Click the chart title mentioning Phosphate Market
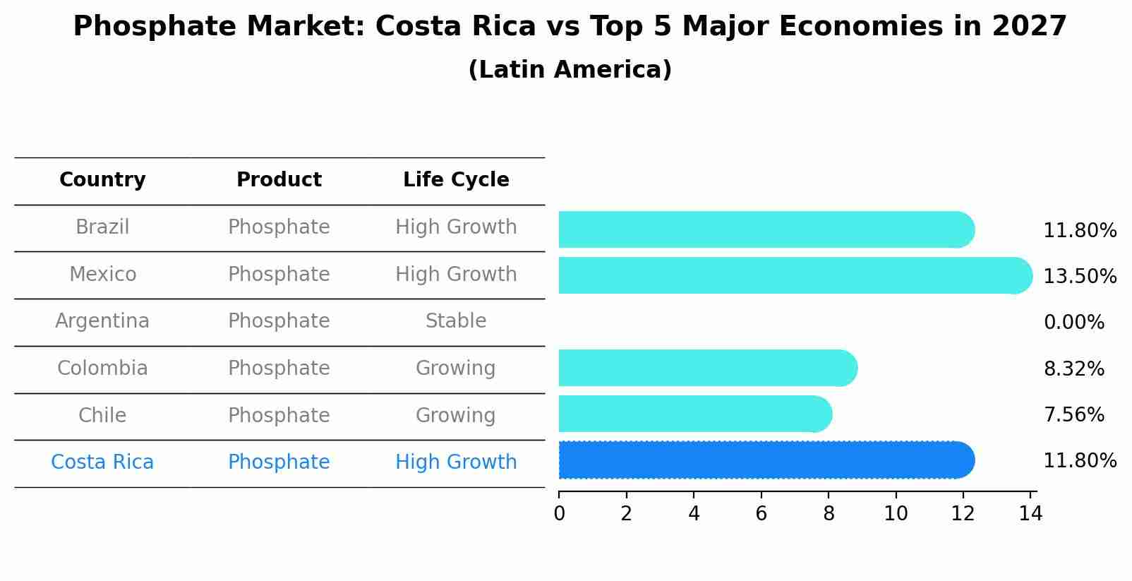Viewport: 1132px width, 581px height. point(570,27)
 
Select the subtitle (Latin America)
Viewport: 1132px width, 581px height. point(570,70)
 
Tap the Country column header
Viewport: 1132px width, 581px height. point(102,180)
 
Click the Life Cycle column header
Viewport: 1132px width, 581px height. point(456,180)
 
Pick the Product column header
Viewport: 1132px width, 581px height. point(279,180)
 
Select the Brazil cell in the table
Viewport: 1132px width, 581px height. point(102,227)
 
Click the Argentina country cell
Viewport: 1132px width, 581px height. point(102,321)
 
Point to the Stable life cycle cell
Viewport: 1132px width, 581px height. point(456,321)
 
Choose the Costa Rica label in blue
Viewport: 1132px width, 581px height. point(102,462)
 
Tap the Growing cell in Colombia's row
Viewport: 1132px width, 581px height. point(456,369)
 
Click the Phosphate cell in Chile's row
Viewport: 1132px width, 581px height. point(279,415)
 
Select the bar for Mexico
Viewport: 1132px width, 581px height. point(794,275)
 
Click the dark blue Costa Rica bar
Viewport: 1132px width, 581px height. point(766,460)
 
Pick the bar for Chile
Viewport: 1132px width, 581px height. point(695,414)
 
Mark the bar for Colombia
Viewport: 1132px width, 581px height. point(707,368)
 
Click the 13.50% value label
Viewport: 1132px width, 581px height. point(1080,277)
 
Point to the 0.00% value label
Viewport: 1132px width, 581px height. point(1073,323)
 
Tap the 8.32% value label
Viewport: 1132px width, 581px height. point(1073,369)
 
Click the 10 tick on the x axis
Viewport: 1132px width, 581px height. point(896,514)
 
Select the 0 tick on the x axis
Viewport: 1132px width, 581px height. point(559,514)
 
